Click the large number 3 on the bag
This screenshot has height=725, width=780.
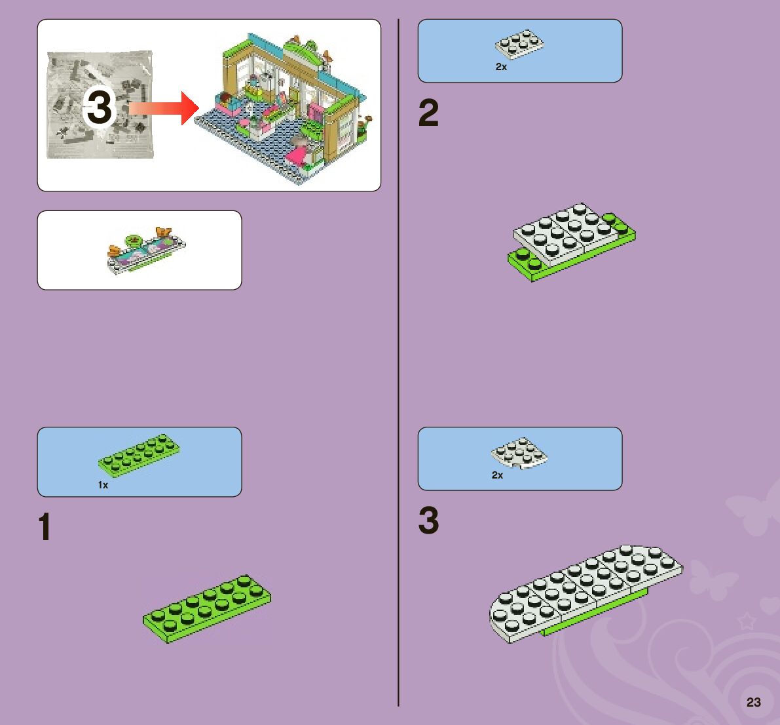point(100,108)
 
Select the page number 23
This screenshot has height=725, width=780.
point(754,702)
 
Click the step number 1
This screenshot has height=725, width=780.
point(45,528)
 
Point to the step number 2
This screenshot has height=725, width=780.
point(428,114)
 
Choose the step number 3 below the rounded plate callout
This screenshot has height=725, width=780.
point(428,521)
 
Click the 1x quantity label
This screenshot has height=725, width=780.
point(103,485)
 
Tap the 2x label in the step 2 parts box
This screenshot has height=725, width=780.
point(501,67)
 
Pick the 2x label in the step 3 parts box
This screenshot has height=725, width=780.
point(497,475)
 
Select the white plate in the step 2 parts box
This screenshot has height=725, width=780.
point(520,44)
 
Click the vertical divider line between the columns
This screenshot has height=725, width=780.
point(398,361)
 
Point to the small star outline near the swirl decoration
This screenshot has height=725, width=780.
point(746,620)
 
